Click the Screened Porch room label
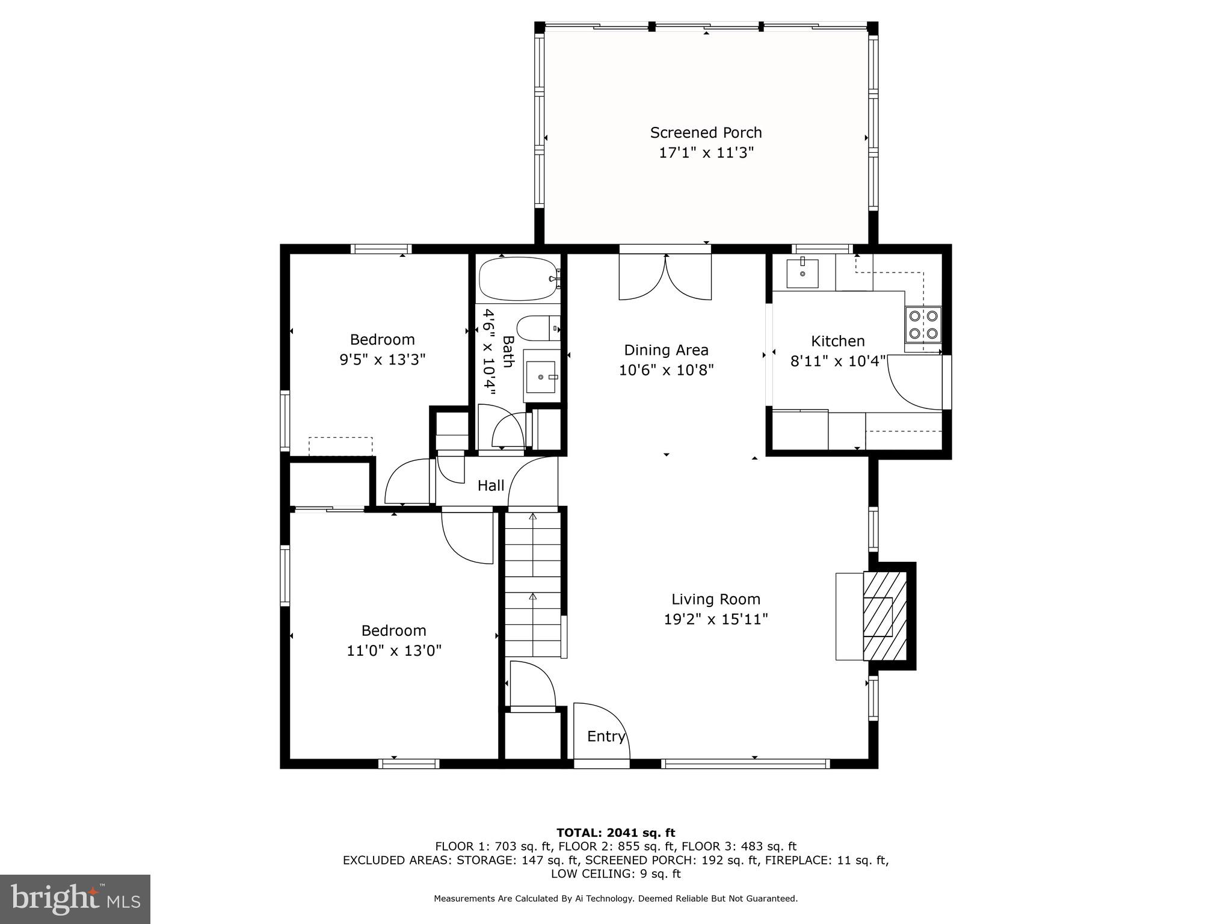[706, 132]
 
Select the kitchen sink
[802, 274]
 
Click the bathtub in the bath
[518, 279]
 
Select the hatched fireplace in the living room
[885, 616]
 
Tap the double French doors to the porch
[665, 277]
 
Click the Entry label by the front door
[606, 736]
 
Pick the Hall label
[491, 485]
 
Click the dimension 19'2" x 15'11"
[716, 619]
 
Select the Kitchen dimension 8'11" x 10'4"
[837, 361]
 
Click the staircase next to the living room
[533, 584]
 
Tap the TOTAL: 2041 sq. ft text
[615, 833]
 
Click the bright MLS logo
[75, 899]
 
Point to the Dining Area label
[666, 350]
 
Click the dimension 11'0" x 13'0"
[394, 650]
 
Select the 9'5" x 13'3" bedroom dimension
[383, 360]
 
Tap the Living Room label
[716, 599]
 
